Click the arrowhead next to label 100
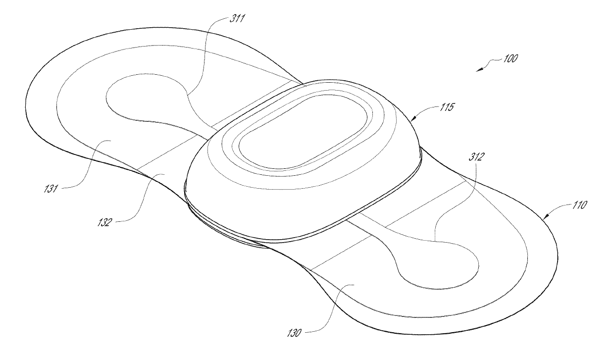pyautogui.click(x=479, y=70)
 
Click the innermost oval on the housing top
pyautogui.click(x=304, y=132)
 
